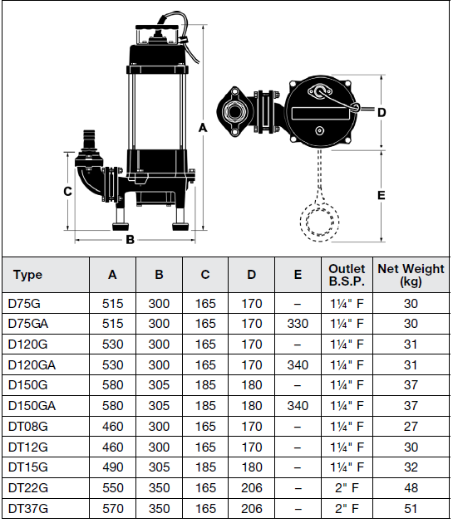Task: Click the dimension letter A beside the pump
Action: (204, 127)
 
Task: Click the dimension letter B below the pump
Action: (130, 241)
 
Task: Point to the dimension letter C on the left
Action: (67, 191)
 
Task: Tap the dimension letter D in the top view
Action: (382, 112)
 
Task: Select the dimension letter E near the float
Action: (382, 196)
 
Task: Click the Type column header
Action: (28, 276)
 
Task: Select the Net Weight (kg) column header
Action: (411, 275)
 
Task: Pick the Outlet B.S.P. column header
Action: (347, 275)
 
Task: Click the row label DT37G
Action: (27, 508)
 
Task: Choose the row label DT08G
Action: (27, 427)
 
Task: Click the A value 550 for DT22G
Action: (112, 488)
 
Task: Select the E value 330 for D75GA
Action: (298, 324)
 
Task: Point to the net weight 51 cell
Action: (411, 508)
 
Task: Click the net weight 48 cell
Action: (411, 488)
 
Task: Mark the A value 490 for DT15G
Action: (112, 467)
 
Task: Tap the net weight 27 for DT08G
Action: (411, 427)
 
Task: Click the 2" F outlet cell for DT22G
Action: (347, 488)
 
